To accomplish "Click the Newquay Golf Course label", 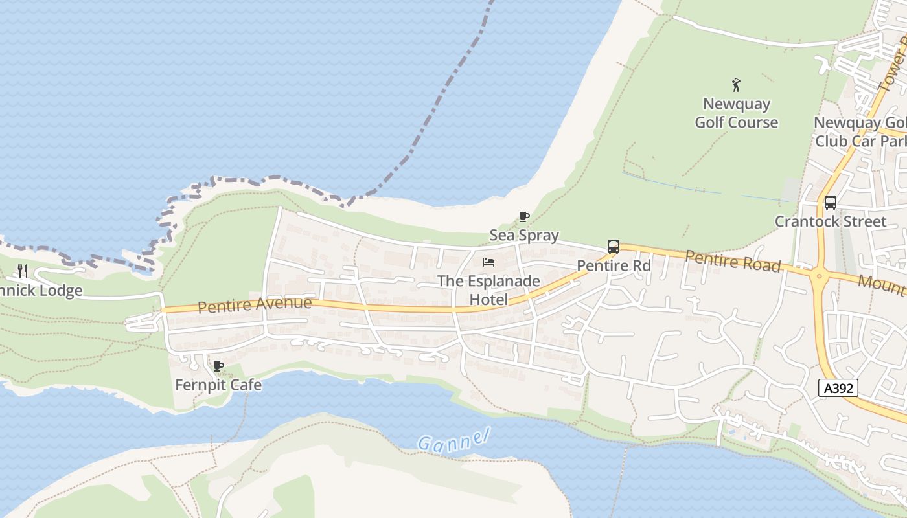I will click(x=737, y=113).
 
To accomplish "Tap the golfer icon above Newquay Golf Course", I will click(x=736, y=85).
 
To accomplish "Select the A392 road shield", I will click(x=838, y=388).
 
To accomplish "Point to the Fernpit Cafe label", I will click(x=218, y=385).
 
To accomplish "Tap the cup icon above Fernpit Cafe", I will click(x=218, y=366).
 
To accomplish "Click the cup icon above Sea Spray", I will click(x=524, y=216).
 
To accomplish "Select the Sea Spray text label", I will click(x=524, y=235).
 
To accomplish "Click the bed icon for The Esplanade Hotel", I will click(x=488, y=262).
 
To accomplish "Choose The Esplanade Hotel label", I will click(x=488, y=290).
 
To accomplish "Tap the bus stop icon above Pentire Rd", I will click(x=614, y=247).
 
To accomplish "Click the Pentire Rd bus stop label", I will click(x=614, y=265).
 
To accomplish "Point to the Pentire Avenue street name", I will click(x=255, y=304).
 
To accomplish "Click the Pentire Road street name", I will click(x=733, y=261).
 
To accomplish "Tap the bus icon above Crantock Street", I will click(x=831, y=203).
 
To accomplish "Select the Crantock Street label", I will click(x=831, y=221).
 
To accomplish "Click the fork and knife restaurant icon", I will click(x=23, y=271).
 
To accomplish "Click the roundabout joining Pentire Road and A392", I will click(x=820, y=276).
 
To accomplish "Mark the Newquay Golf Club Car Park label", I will click(x=860, y=131).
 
